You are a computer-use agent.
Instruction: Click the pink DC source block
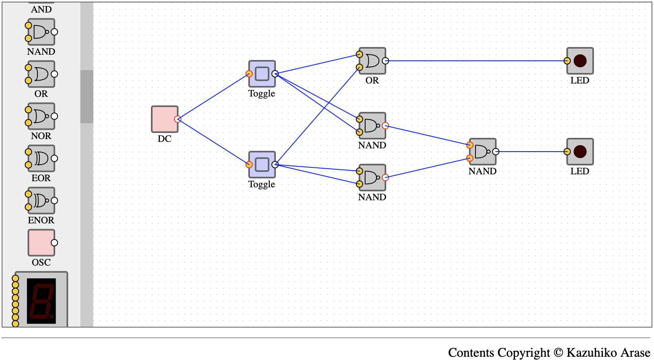(165, 119)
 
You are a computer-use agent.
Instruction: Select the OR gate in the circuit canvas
(372, 61)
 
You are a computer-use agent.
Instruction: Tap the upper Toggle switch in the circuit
(262, 74)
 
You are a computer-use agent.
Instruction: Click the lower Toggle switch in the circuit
(262, 165)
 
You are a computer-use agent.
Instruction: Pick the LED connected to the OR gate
(580, 61)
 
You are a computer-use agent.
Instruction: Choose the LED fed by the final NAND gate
(580, 152)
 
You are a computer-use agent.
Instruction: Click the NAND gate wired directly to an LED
(483, 152)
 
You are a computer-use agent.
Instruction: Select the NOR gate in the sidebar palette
(41, 116)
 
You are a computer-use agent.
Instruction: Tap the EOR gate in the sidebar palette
(41, 159)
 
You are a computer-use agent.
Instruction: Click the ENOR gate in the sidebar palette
(41, 200)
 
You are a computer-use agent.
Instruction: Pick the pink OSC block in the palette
(41, 243)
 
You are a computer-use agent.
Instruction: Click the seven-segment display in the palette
(41, 300)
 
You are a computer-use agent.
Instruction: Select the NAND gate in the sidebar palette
(41, 32)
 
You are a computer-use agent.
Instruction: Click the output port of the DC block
(178, 119)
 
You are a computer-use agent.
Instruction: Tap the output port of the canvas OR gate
(385, 61)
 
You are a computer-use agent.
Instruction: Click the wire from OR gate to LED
(476, 61)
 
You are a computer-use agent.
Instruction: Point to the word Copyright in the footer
(524, 352)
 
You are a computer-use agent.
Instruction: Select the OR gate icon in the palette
(41, 74)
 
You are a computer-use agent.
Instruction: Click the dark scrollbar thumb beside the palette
(87, 96)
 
